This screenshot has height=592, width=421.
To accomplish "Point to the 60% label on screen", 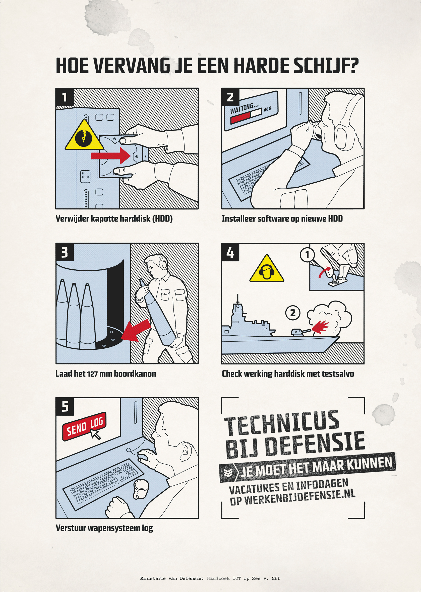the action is point(268,109).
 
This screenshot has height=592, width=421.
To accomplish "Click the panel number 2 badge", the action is point(230,97).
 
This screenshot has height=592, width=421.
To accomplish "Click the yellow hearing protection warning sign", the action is point(267,269).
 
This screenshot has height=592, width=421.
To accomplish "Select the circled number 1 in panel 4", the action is point(307,255).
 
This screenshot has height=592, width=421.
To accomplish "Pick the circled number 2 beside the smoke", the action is point(293,313).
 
